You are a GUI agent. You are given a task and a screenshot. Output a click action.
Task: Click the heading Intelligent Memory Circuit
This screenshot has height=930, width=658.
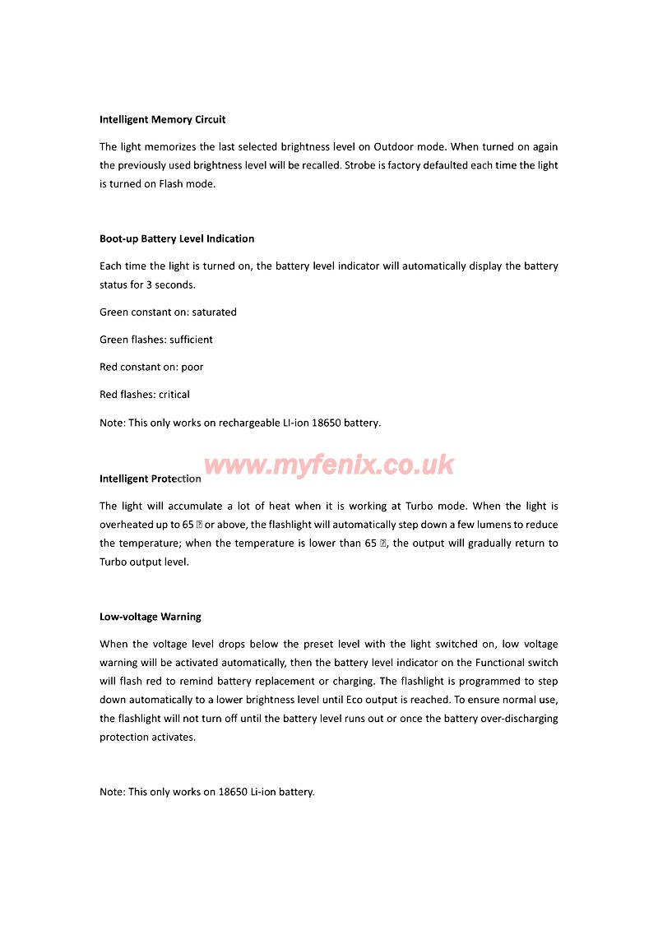click(162, 119)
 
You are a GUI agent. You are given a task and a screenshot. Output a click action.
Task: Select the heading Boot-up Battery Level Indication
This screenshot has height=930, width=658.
click(177, 238)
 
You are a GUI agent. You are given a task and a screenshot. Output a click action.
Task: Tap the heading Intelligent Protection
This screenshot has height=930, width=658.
click(151, 479)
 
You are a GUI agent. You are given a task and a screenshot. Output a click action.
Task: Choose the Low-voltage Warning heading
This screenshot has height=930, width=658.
click(151, 616)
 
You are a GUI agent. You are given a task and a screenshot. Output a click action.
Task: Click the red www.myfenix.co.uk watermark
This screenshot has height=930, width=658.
click(329, 465)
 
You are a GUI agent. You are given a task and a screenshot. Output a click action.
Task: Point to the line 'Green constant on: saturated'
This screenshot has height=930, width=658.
click(168, 312)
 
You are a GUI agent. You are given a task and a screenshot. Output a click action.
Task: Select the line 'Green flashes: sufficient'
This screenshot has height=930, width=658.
click(156, 339)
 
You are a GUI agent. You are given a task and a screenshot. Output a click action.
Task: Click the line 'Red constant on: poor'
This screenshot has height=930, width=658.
click(151, 367)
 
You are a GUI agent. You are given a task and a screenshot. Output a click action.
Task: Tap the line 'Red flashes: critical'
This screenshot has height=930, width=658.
click(145, 394)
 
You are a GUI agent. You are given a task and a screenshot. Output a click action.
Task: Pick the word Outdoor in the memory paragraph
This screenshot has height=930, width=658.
click(396, 147)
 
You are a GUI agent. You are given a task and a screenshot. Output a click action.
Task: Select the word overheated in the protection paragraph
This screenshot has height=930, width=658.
click(127, 525)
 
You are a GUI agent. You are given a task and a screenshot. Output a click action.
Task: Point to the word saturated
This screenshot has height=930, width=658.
click(214, 312)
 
